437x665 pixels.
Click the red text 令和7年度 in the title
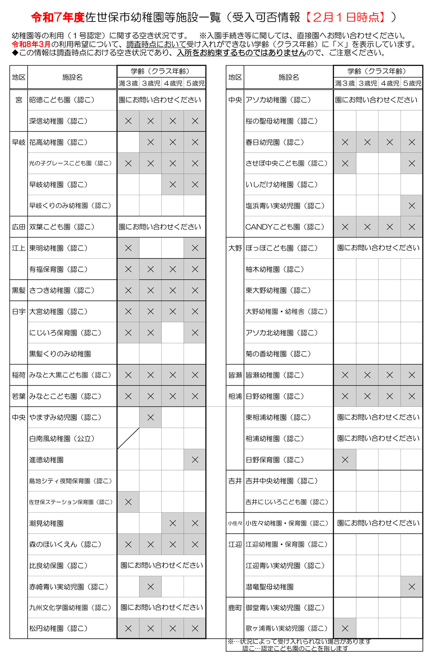click(x=58, y=17)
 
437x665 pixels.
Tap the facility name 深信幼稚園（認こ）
click(x=58, y=121)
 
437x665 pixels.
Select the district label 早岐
click(x=19, y=142)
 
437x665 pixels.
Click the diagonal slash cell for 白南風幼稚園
click(x=128, y=438)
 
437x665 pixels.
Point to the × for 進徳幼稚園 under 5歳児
click(x=195, y=460)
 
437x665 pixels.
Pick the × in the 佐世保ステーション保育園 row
click(x=128, y=502)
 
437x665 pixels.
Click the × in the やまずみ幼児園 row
click(x=150, y=417)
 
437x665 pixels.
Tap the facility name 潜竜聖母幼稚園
click(x=269, y=587)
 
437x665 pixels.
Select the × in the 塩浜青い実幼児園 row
click(x=412, y=206)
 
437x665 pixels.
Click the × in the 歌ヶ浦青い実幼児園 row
click(x=345, y=628)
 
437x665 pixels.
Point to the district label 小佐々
click(x=235, y=523)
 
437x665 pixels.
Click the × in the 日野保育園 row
click(x=345, y=460)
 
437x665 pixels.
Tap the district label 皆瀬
click(x=235, y=375)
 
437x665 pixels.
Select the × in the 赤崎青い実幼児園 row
click(x=150, y=587)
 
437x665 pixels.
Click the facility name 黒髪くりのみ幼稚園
click(x=60, y=354)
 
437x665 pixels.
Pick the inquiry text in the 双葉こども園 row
click(x=160, y=227)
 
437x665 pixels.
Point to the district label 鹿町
click(x=235, y=608)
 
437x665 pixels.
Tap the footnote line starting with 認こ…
click(x=295, y=648)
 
